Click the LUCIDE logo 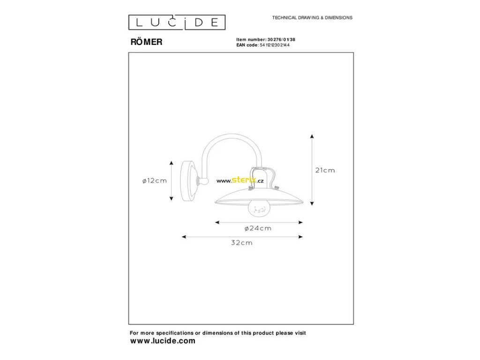tap(177, 22)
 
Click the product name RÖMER tap(146, 42)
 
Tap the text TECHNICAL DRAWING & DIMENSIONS tap(312, 18)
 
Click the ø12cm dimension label tap(154, 181)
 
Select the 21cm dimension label tap(325, 170)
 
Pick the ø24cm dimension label tap(258, 228)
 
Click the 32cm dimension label tap(241, 243)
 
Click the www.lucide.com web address tap(162, 341)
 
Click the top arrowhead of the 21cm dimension tap(312, 135)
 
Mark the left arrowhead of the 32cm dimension tap(184, 237)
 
